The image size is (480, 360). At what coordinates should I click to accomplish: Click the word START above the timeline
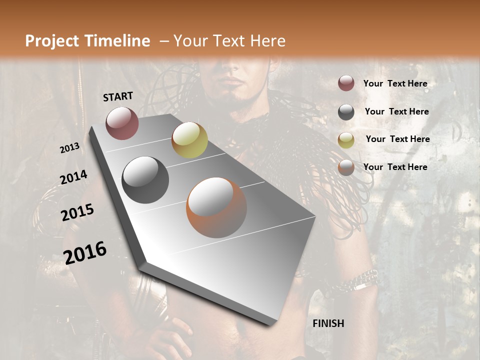pyautogui.click(x=118, y=96)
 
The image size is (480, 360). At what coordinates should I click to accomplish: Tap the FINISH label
pyautogui.click(x=328, y=323)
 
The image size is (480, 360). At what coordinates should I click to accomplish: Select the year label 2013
pyautogui.click(x=69, y=148)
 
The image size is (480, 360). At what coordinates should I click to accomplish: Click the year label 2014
pyautogui.click(x=73, y=177)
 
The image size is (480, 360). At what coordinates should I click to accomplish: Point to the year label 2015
pyautogui.click(x=77, y=212)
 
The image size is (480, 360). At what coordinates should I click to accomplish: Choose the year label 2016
pyautogui.click(x=85, y=252)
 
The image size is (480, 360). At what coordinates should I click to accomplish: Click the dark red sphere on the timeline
pyautogui.click(x=122, y=123)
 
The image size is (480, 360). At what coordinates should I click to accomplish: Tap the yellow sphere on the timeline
pyautogui.click(x=189, y=139)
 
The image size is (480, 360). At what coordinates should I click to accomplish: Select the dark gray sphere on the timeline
pyautogui.click(x=145, y=179)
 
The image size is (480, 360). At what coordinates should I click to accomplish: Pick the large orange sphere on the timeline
pyautogui.click(x=216, y=207)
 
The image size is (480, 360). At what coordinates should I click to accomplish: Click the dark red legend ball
pyautogui.click(x=346, y=83)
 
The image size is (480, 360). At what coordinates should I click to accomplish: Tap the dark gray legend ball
pyautogui.click(x=346, y=112)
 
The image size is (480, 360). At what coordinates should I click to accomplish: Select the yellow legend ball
pyautogui.click(x=346, y=139)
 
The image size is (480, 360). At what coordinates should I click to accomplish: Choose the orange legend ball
pyautogui.click(x=346, y=167)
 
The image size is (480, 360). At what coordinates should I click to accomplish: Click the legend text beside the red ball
pyautogui.click(x=395, y=83)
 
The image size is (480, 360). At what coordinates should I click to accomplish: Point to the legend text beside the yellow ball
pyautogui.click(x=397, y=139)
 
